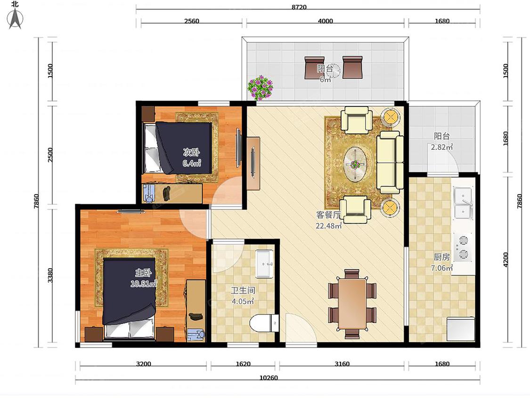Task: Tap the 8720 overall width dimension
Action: click(x=299, y=7)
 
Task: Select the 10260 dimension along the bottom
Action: click(x=269, y=378)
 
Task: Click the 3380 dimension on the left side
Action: click(x=49, y=275)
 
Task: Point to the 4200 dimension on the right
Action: click(x=506, y=259)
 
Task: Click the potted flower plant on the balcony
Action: click(x=260, y=88)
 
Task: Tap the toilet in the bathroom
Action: click(x=264, y=323)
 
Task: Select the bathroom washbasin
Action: click(x=264, y=264)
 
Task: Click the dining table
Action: click(x=352, y=304)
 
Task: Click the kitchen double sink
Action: click(x=463, y=203)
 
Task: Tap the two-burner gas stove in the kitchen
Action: click(x=463, y=247)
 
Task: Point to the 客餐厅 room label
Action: click(x=328, y=215)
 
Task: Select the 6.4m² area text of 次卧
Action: click(x=192, y=163)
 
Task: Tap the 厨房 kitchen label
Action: click(x=442, y=257)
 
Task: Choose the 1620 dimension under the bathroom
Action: click(x=243, y=364)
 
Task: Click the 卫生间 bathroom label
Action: click(x=243, y=290)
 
